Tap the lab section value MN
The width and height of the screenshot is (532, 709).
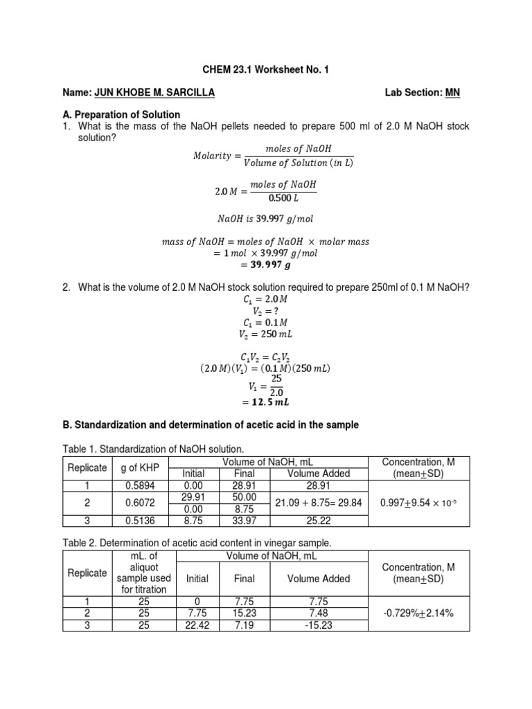pyautogui.click(x=452, y=93)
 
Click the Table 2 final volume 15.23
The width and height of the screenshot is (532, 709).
pyautogui.click(x=245, y=613)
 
